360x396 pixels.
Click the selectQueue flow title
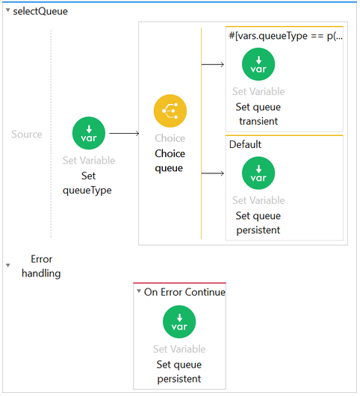click(x=40, y=11)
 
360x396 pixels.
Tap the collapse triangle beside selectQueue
click(x=8, y=10)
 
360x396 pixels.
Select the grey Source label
click(x=27, y=134)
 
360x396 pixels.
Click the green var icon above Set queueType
click(x=89, y=133)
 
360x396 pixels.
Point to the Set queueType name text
click(x=87, y=183)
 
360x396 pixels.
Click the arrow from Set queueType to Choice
click(x=124, y=133)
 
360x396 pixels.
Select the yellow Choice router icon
click(x=170, y=111)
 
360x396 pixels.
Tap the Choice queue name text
click(x=170, y=161)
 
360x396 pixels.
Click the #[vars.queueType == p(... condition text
click(x=286, y=36)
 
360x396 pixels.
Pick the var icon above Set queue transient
click(x=258, y=64)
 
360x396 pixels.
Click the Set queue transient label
click(x=258, y=114)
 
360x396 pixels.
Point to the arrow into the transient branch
click(x=213, y=64)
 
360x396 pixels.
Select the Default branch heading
click(x=245, y=144)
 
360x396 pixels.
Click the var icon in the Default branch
click(x=258, y=173)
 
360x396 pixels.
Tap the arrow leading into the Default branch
click(x=213, y=173)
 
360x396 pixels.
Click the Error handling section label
click(x=41, y=266)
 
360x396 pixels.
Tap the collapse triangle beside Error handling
click(x=8, y=265)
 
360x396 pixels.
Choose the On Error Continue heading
click(x=184, y=292)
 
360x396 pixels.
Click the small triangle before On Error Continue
click(x=139, y=291)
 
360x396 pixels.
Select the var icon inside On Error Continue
click(x=179, y=322)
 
